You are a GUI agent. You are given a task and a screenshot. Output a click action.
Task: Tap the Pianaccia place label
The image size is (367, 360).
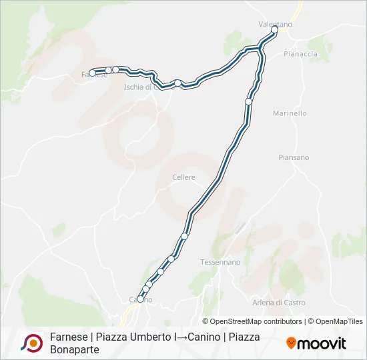(298, 53)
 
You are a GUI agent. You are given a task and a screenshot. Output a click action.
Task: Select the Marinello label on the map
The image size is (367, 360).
(290, 113)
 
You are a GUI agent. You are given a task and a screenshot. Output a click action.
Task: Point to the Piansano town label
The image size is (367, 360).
(294, 157)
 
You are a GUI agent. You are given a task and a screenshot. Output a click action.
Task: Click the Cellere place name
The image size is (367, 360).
(183, 177)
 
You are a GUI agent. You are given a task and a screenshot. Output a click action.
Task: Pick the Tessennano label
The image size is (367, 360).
(220, 262)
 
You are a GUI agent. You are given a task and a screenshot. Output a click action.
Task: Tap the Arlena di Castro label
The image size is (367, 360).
(279, 303)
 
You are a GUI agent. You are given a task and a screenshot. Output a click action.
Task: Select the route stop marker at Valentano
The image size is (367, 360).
(274, 30)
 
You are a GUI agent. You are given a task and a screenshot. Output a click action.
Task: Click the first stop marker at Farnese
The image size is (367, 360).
(93, 73)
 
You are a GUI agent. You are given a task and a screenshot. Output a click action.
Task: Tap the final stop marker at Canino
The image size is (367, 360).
(140, 299)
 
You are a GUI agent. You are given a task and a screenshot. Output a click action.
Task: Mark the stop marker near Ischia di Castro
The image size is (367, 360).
(177, 83)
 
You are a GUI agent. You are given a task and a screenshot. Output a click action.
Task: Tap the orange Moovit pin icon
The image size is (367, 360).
(291, 343)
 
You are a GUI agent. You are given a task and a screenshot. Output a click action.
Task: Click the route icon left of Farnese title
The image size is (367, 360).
(31, 343)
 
